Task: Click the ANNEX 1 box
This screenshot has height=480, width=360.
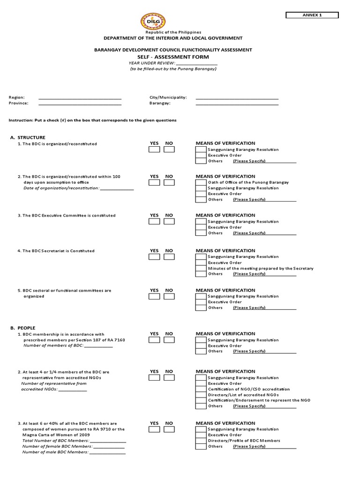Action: (312, 15)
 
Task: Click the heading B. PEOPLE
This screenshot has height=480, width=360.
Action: (26, 328)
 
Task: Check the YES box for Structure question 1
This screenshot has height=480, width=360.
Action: (154, 150)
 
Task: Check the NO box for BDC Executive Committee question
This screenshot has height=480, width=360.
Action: (169, 222)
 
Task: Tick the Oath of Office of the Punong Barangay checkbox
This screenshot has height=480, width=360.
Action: (201, 182)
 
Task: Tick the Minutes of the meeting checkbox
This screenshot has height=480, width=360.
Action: (201, 268)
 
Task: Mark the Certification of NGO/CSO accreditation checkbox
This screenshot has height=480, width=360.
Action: (201, 389)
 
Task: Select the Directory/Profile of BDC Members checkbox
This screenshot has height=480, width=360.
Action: (201, 441)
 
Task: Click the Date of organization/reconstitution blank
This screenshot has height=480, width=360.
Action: (117, 188)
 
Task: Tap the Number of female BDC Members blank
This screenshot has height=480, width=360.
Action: (108, 447)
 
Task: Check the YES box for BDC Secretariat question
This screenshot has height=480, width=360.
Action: (154, 257)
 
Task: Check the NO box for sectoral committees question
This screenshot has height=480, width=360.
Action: (169, 297)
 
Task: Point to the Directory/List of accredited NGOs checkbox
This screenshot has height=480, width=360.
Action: (201, 395)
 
